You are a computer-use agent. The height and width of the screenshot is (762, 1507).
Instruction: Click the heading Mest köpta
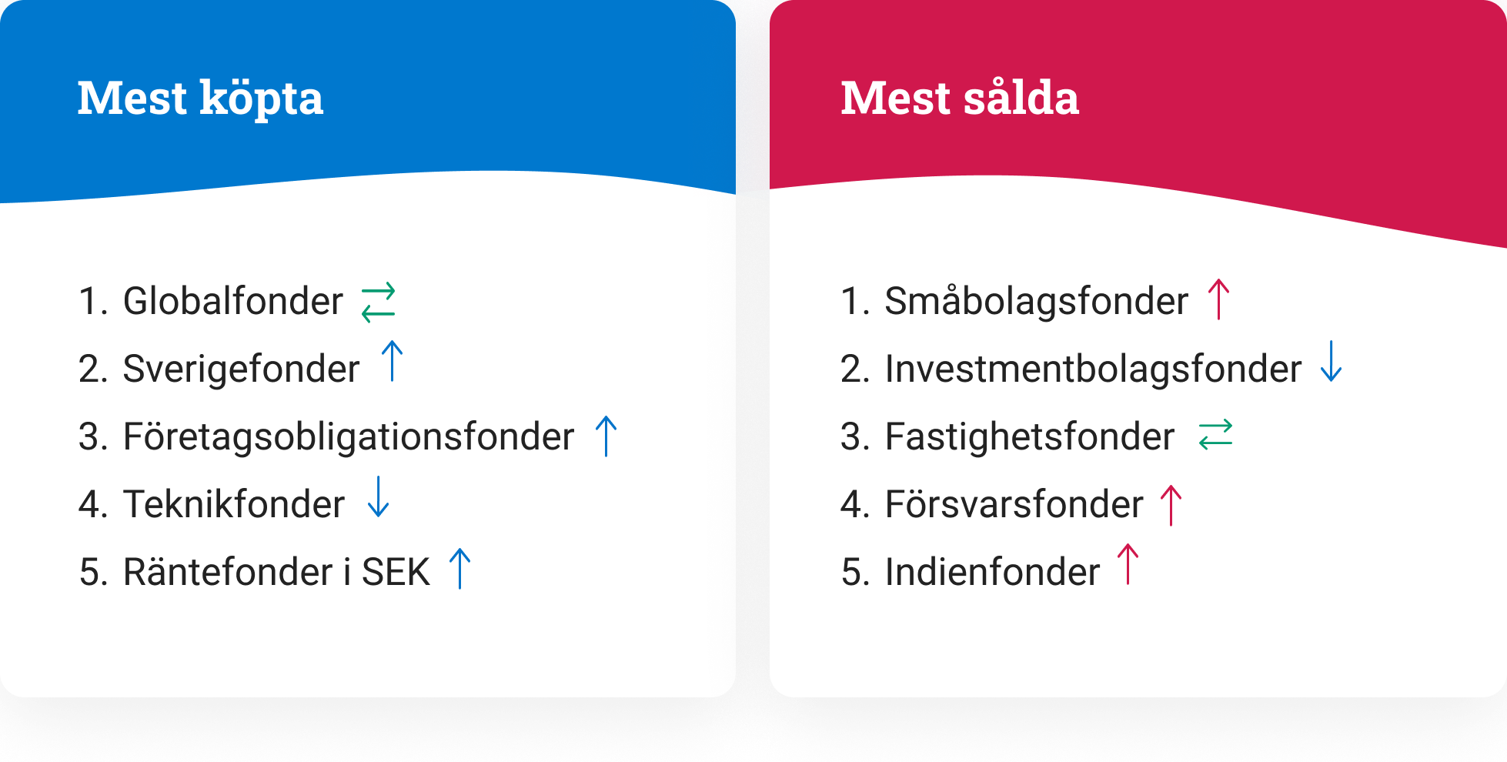pyautogui.click(x=200, y=99)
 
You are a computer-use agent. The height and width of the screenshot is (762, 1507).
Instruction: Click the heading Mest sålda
pyautogui.click(x=960, y=98)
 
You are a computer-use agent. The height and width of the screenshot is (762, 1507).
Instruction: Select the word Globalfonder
pyautogui.click(x=232, y=301)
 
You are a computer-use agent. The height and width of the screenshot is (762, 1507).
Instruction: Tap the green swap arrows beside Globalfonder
pyautogui.click(x=379, y=302)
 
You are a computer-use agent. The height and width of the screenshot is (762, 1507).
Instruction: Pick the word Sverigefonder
pyautogui.click(x=241, y=369)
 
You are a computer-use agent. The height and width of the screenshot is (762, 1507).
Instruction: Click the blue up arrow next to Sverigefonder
pyautogui.click(x=393, y=361)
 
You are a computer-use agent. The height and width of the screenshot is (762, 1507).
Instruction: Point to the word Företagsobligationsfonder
pyautogui.click(x=349, y=436)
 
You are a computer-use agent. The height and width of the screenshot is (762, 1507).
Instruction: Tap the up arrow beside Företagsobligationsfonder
pyautogui.click(x=606, y=436)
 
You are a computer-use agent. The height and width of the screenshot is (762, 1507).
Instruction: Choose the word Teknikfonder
pyautogui.click(x=233, y=504)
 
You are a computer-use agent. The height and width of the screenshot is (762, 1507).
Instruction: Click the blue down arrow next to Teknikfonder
pyautogui.click(x=379, y=496)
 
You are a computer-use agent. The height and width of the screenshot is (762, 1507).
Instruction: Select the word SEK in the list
pyautogui.click(x=396, y=572)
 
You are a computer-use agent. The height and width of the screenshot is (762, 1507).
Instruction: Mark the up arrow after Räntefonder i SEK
pyautogui.click(x=460, y=569)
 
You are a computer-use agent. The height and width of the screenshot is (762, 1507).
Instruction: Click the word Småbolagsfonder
pyautogui.click(x=1036, y=301)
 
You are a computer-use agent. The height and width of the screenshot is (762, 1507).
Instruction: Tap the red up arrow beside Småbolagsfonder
pyautogui.click(x=1219, y=299)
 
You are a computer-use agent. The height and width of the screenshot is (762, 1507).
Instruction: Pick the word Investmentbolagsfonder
pyautogui.click(x=1093, y=369)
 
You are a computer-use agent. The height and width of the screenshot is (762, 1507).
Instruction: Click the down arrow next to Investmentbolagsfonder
pyautogui.click(x=1332, y=361)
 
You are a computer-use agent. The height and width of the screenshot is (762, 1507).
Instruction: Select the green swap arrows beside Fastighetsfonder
pyautogui.click(x=1216, y=434)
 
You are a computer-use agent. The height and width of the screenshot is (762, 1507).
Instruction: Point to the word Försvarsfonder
pyautogui.click(x=1014, y=504)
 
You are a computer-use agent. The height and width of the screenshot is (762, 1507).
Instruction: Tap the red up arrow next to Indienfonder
pyautogui.click(x=1128, y=564)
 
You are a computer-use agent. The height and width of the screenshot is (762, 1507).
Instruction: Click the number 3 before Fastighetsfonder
pyautogui.click(x=850, y=436)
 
